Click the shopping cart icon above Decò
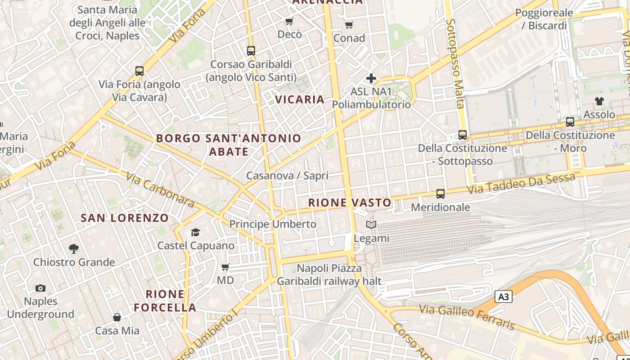point(289,21)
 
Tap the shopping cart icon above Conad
point(349,25)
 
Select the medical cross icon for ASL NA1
point(371,79)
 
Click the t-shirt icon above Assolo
point(599,101)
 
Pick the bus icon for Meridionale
point(441,194)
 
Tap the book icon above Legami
point(371,225)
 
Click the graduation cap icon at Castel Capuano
point(195,232)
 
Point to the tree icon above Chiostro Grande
point(74,248)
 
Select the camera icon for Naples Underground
point(40,288)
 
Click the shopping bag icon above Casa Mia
point(117,317)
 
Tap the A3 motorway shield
point(504,297)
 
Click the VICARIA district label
point(300,99)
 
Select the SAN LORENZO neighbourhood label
point(125,218)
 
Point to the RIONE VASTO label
point(350,203)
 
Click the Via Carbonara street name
point(160,189)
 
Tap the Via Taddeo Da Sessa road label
point(521,184)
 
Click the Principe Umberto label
point(273,224)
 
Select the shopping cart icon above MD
point(225,267)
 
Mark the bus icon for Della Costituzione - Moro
point(570,121)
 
